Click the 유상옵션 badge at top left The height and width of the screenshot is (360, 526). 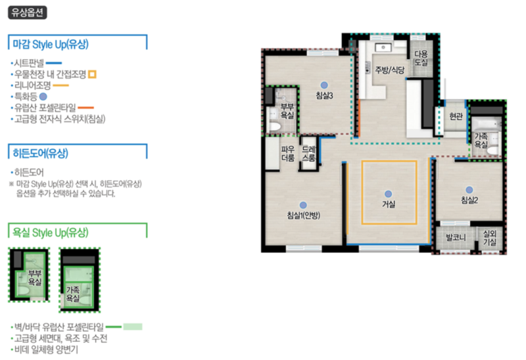(x=28, y=12)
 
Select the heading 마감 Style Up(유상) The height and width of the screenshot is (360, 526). (x=51, y=44)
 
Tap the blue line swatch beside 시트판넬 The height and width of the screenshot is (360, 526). (x=54, y=62)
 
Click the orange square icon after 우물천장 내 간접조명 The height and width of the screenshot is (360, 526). (x=92, y=74)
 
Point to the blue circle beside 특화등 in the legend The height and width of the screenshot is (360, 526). (x=43, y=97)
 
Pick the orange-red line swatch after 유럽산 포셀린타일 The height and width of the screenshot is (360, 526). (x=86, y=108)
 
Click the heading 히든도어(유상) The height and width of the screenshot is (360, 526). (x=40, y=153)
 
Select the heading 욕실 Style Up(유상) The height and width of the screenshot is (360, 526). (x=51, y=233)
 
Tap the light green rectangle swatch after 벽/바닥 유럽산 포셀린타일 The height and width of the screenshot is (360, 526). (x=133, y=326)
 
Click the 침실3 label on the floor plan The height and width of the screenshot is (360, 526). (x=324, y=95)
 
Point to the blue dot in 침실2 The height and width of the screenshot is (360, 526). (x=469, y=190)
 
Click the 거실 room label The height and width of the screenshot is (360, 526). (x=389, y=204)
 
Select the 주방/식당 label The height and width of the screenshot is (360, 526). (x=389, y=70)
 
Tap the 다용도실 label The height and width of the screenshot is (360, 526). (x=421, y=58)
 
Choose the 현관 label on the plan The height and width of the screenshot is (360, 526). (x=456, y=116)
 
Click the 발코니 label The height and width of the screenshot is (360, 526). (x=456, y=238)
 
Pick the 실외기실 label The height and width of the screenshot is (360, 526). (x=490, y=237)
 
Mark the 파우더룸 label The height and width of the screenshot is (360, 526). (x=288, y=154)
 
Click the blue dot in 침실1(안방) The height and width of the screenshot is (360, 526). (x=303, y=205)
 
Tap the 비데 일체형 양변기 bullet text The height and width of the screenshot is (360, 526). (x=46, y=349)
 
